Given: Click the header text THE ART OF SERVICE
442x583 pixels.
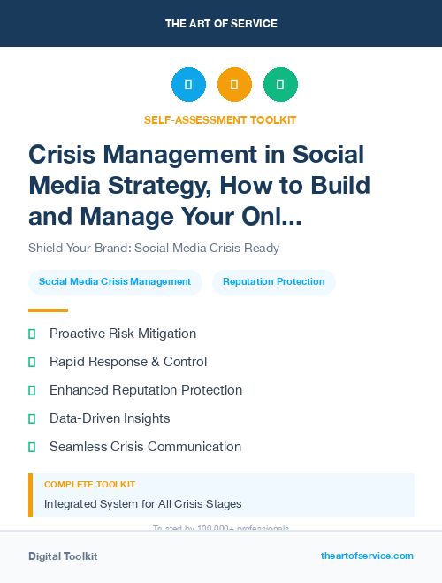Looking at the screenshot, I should [220, 23].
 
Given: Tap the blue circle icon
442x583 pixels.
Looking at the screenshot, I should [188, 85].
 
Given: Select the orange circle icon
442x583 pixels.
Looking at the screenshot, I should [234, 85].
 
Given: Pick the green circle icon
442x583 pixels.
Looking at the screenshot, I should [280, 85].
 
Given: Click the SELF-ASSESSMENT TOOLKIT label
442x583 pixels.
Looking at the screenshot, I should [220, 119].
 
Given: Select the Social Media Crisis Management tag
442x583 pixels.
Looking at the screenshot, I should [115, 282].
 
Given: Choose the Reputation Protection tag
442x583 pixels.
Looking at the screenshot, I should [273, 282].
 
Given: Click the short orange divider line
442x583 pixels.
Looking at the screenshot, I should [48, 311].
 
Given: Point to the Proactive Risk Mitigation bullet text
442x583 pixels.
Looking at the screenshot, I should [123, 334].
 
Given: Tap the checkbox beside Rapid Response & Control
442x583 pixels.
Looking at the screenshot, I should [32, 362].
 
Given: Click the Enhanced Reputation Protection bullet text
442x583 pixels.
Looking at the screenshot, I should [146, 390].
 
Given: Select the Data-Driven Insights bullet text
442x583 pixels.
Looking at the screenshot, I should [110, 418].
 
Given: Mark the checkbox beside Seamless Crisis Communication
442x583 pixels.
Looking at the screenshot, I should [32, 447].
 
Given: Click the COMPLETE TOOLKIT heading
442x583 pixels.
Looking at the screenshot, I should [89, 485].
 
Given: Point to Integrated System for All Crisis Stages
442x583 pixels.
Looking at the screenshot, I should [142, 504].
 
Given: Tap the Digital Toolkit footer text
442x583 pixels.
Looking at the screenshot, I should [63, 556].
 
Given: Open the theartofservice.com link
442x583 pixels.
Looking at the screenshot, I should [367, 556].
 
